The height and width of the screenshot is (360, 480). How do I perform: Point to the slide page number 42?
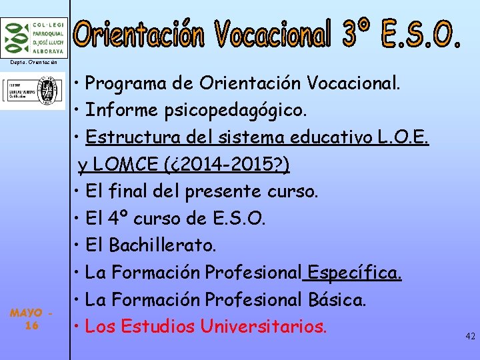click(470, 337)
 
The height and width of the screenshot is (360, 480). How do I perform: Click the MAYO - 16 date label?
click(31, 319)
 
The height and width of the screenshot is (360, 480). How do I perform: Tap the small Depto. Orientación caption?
click(33, 62)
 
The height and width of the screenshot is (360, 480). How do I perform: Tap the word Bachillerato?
click(163, 245)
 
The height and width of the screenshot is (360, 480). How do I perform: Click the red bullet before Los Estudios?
click(78, 327)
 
